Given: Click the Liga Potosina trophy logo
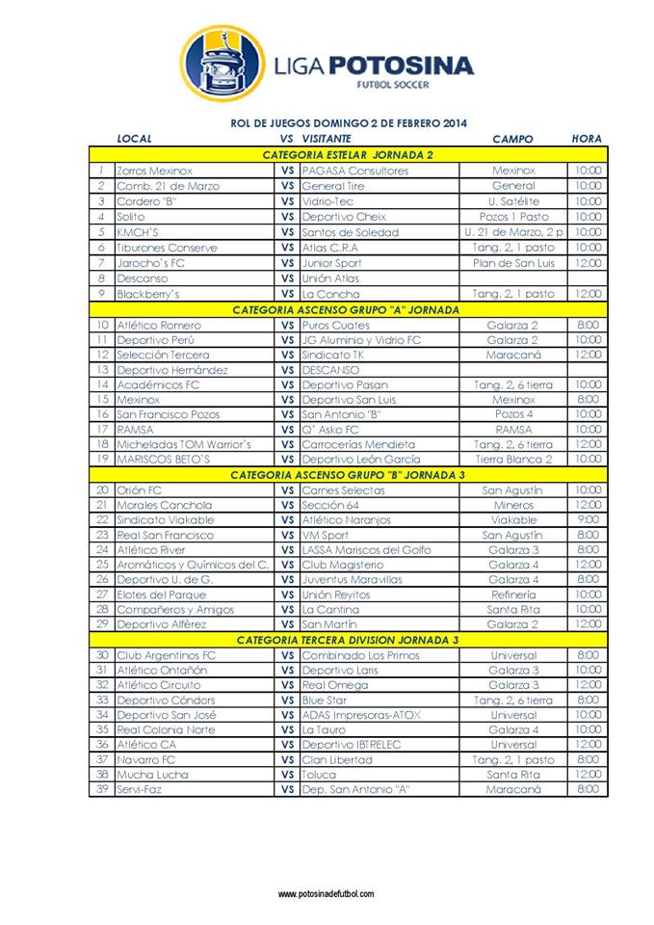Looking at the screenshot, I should click(222, 63).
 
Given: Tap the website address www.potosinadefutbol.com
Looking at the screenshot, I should click(327, 894).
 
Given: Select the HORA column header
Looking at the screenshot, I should click(587, 139).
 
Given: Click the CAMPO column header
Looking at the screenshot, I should click(512, 139).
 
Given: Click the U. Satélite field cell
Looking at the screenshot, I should click(513, 201).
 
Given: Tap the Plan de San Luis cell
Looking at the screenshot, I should click(513, 263).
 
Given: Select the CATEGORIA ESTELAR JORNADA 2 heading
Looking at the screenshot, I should click(348, 155).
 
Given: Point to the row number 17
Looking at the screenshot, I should click(101, 430).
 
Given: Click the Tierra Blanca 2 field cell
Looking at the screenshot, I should click(513, 460).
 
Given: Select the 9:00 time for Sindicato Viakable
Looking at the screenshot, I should click(589, 520).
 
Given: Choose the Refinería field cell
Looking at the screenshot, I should click(513, 595).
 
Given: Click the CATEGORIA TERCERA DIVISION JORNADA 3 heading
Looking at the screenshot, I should click(348, 640).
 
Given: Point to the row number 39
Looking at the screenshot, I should click(101, 789).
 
